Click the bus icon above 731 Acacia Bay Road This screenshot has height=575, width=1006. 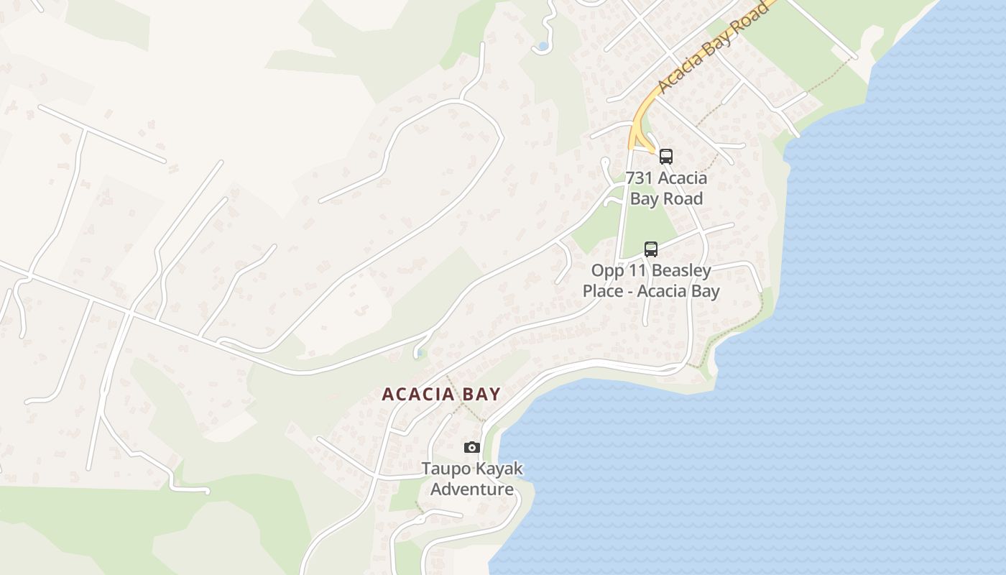[666, 156]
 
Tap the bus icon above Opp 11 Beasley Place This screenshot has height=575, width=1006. [651, 249]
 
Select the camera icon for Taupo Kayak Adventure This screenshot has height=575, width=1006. [471, 447]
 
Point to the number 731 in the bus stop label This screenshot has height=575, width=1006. [640, 178]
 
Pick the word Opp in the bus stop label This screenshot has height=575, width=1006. [606, 271]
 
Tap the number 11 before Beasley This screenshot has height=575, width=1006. [635, 271]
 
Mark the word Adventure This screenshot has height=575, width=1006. [472, 489]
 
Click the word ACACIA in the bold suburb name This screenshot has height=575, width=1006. [418, 394]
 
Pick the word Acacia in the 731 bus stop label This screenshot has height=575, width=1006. [681, 178]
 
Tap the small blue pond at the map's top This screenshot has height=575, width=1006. [543, 47]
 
